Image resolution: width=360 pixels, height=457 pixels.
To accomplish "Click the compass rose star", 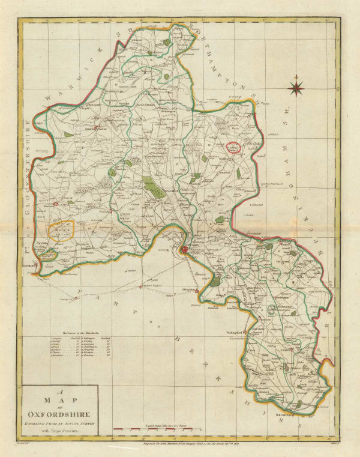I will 296,88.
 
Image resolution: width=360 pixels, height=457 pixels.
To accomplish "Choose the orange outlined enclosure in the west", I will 62,231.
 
